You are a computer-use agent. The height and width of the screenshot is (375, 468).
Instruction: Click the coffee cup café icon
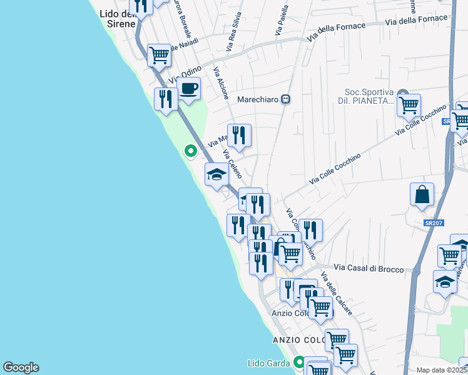tap(188, 89)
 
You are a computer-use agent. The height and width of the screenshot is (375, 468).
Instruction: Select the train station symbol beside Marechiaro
tap(285, 99)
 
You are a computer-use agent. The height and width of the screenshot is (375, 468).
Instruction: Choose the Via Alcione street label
tap(221, 83)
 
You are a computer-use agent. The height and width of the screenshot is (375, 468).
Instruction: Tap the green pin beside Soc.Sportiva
tap(403, 92)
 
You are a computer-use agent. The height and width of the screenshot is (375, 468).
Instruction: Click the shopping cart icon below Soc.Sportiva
tap(409, 106)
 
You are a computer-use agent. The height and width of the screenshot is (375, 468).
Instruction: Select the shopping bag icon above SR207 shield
tap(422, 194)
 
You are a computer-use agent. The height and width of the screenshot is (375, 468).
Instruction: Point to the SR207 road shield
tap(430, 223)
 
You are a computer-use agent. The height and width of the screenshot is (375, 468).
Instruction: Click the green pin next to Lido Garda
tap(300, 362)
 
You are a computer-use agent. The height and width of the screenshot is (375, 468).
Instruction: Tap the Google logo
tap(21, 367)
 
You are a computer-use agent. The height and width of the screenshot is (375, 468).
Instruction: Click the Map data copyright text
tap(442, 370)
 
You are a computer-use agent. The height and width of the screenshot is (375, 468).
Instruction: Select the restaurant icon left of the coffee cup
tap(166, 99)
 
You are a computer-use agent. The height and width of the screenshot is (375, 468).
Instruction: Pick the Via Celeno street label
tap(232, 164)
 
